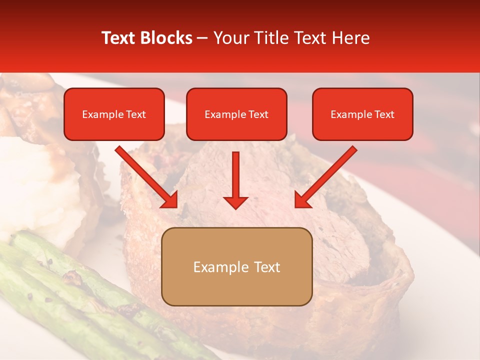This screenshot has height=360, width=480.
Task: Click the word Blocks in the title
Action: tap(164, 38)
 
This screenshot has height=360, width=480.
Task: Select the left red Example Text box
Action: tap(114, 114)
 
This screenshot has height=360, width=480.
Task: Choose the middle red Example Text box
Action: tap(236, 114)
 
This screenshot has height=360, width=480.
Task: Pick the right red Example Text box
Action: tap(362, 114)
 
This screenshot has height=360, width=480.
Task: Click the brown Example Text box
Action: tap(236, 266)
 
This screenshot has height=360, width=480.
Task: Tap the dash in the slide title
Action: tap(202, 38)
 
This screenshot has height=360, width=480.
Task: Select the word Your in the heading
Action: tap(229, 38)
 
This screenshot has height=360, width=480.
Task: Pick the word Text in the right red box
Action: tap(384, 114)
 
